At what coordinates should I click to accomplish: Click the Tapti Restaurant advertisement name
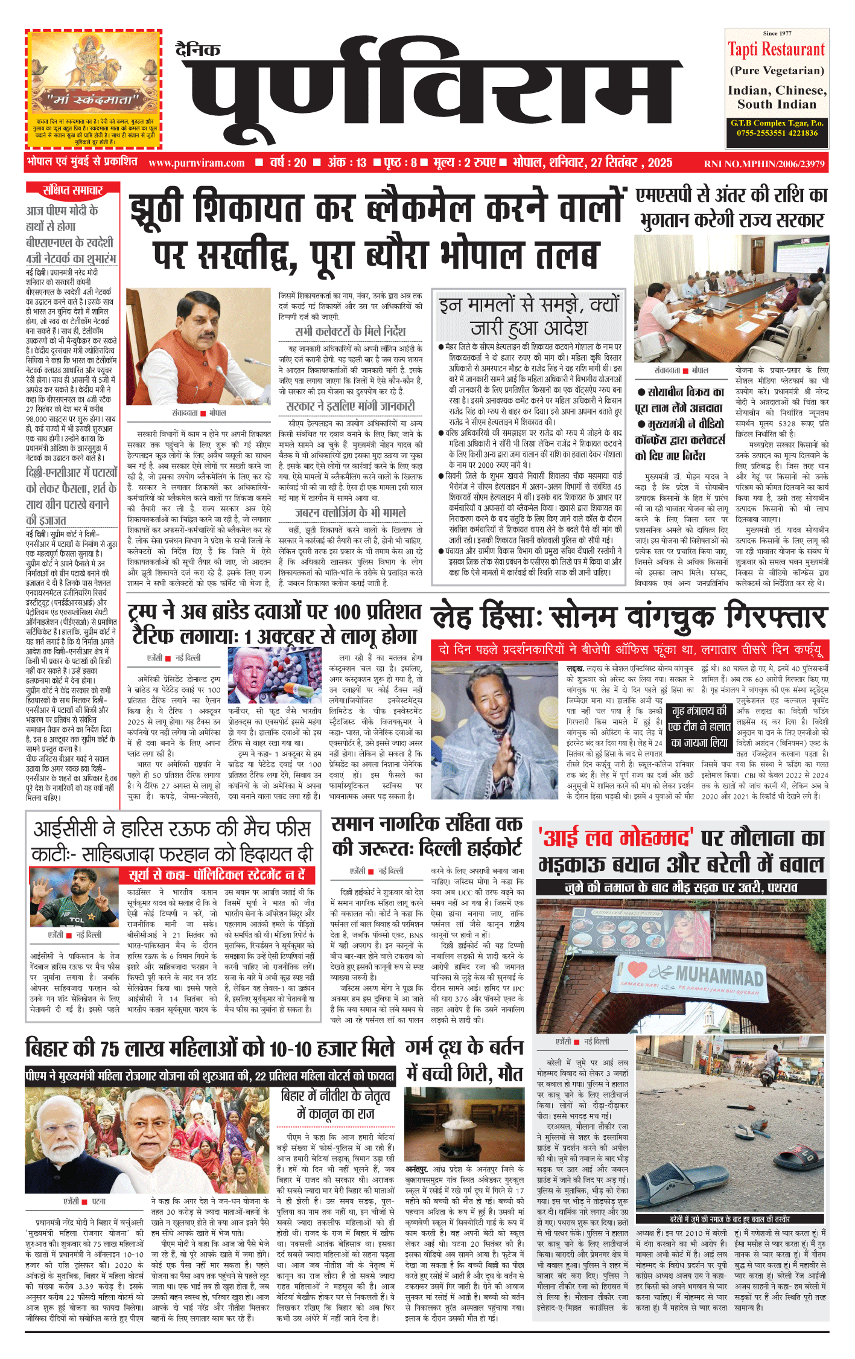pyautogui.click(x=776, y=50)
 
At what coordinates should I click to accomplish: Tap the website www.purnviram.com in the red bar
pyautogui.click(x=196, y=163)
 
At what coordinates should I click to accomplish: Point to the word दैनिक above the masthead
pyautogui.click(x=198, y=50)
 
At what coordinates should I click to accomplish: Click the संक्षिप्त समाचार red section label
pyautogui.click(x=72, y=191)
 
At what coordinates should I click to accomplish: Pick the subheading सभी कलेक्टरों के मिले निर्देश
pyautogui.click(x=350, y=331)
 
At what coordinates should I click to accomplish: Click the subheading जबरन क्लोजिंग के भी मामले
pyautogui.click(x=350, y=513)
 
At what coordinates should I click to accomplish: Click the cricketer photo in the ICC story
pyautogui.click(x=74, y=898)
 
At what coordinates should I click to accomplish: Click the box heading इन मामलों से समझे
pyautogui.click(x=529, y=316)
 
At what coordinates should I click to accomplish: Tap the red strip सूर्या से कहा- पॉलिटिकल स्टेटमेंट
pyautogui.click(x=217, y=875)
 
